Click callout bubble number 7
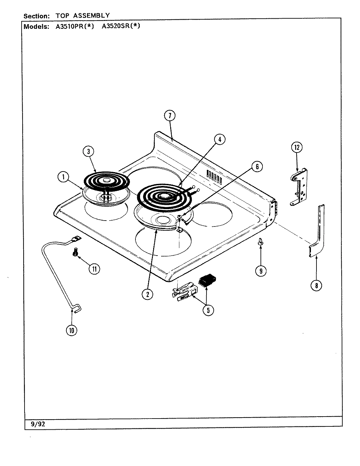coord(170,116)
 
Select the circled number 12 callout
coord(297,147)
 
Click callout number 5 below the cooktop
coord(208,310)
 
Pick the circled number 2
coord(148,294)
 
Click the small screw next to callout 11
coord(75,253)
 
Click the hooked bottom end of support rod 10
coord(77,309)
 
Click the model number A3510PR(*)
coord(75,27)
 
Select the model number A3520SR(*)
coord(119,27)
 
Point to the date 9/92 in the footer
coord(36,425)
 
